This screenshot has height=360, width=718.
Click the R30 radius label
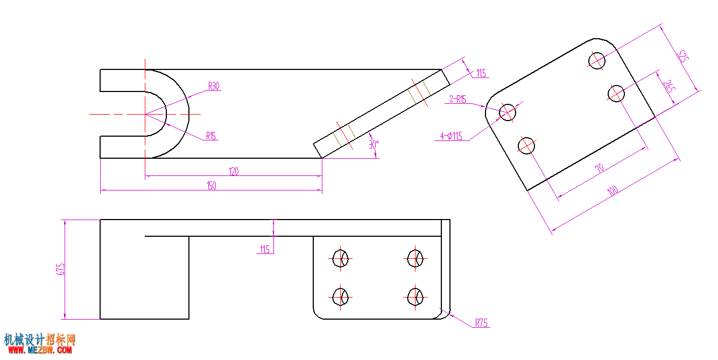click(x=214, y=86)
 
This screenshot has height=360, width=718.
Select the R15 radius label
click(x=211, y=136)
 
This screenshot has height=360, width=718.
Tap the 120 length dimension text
click(x=234, y=172)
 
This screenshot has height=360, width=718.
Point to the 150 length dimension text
click(x=211, y=186)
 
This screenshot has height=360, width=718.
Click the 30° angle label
click(x=374, y=145)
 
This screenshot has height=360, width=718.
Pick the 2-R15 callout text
click(x=457, y=99)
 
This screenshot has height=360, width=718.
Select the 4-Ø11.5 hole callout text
click(x=452, y=136)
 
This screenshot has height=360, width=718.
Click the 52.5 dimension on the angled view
click(x=682, y=57)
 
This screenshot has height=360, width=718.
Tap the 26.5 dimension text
click(x=669, y=87)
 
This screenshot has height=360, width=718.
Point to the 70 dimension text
click(x=599, y=168)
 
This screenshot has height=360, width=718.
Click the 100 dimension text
click(x=613, y=191)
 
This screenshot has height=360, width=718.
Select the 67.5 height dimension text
click(x=60, y=269)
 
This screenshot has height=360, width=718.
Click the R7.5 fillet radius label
click(x=481, y=323)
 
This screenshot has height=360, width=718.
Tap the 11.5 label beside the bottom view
click(x=265, y=249)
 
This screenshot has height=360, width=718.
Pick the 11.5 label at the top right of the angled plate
click(x=481, y=73)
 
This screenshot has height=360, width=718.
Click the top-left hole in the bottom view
click(x=340, y=258)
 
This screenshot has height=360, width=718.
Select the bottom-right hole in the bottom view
click(x=415, y=297)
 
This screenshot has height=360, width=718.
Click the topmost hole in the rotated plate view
click(x=596, y=61)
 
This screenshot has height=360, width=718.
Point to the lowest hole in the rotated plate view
click(x=526, y=146)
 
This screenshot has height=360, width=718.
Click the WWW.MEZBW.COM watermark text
click(x=40, y=350)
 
